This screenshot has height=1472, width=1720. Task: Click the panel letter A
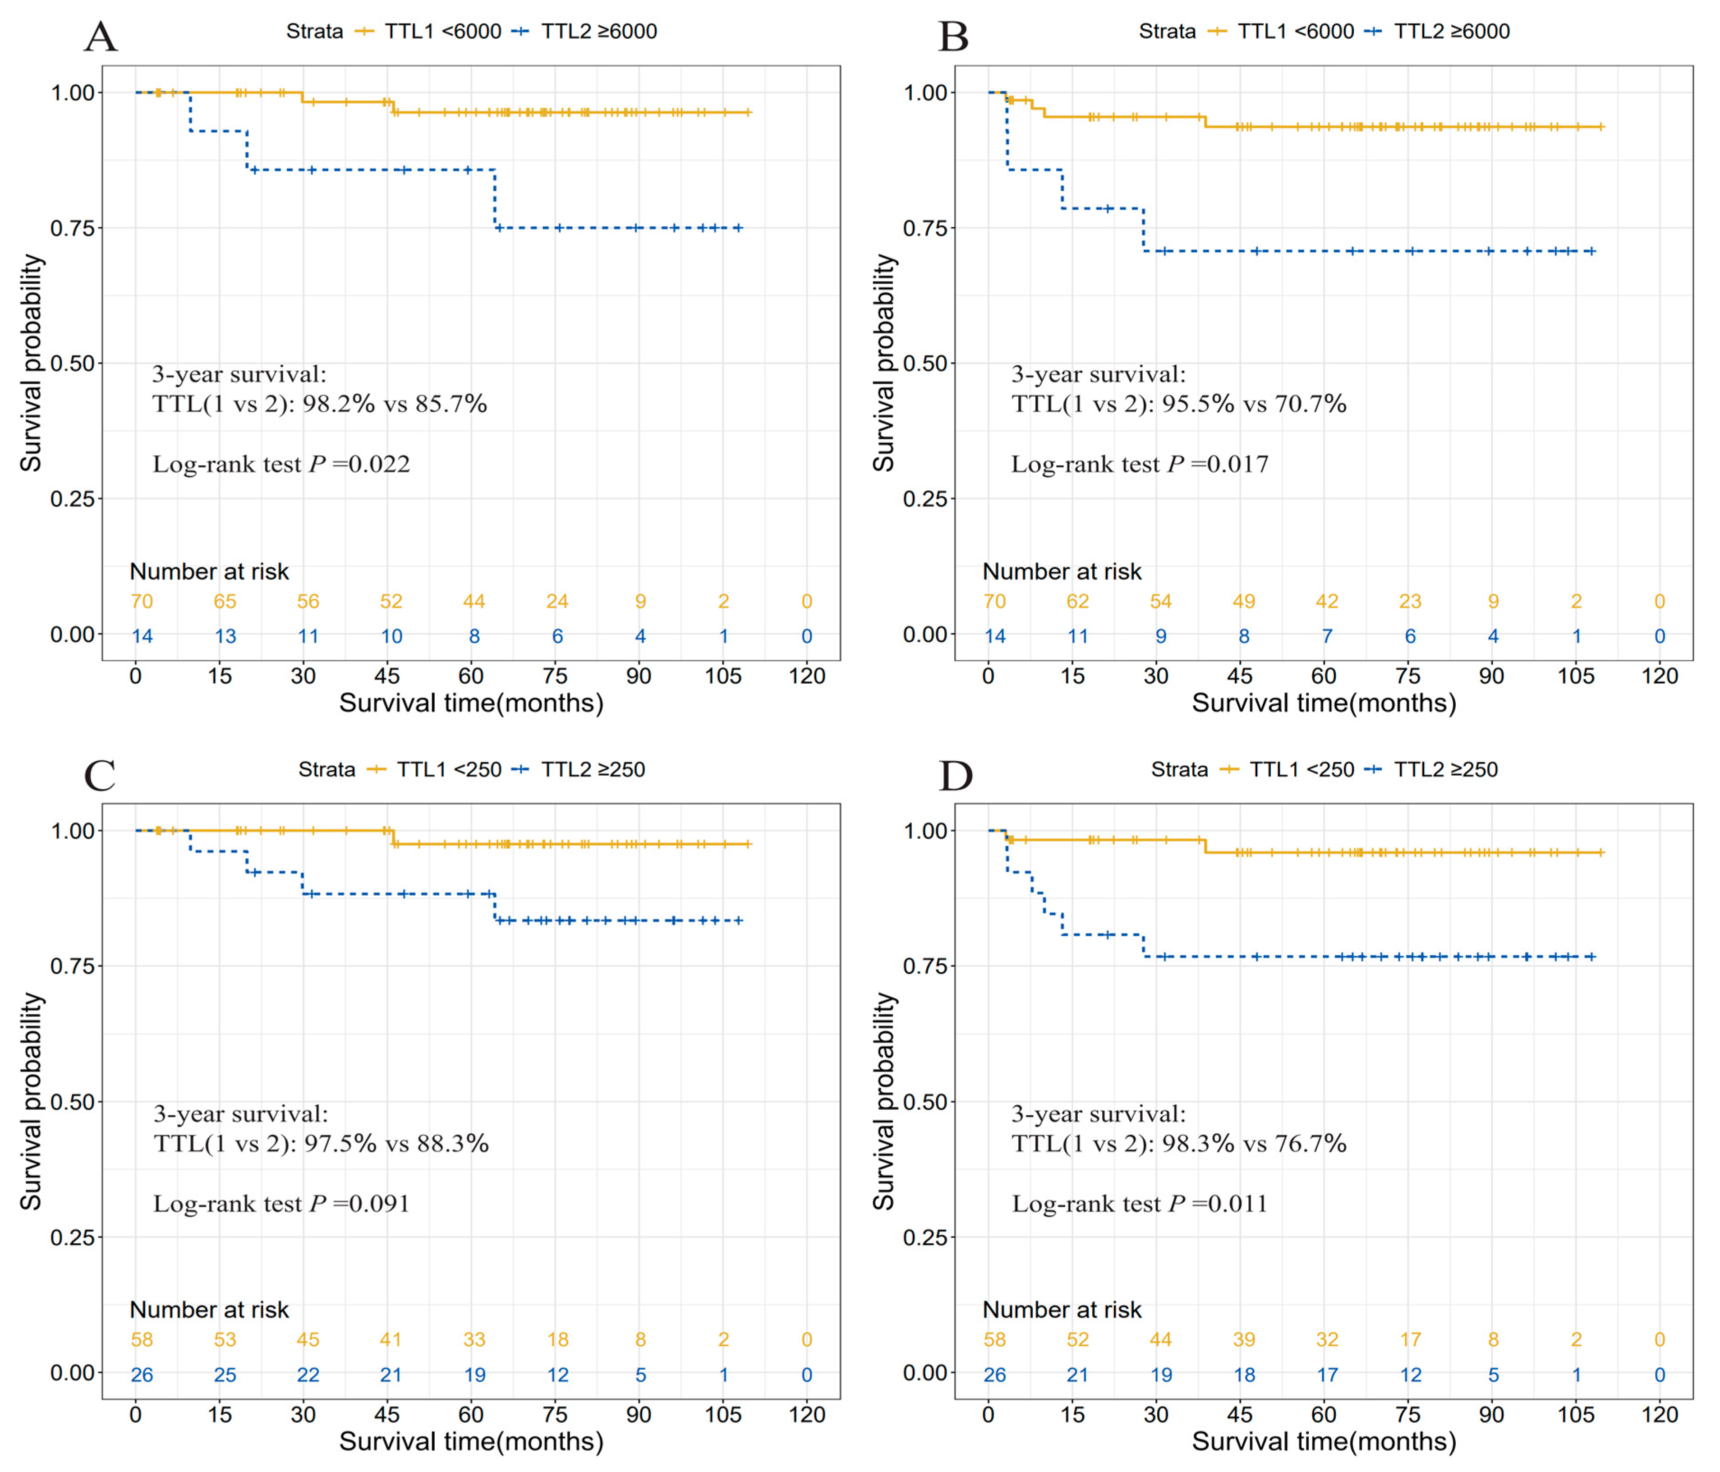[101, 37]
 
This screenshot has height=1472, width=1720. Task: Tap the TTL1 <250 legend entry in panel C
[448, 770]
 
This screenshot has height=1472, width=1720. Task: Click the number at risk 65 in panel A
[225, 601]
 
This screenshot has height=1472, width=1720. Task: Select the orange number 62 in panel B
[1077, 601]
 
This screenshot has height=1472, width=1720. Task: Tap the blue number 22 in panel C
[308, 1375]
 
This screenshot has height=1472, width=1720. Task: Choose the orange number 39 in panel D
[1243, 1339]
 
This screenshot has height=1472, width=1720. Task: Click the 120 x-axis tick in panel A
[807, 676]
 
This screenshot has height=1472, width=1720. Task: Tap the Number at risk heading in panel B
[1062, 571]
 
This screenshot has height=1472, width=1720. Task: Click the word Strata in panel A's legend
[315, 32]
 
